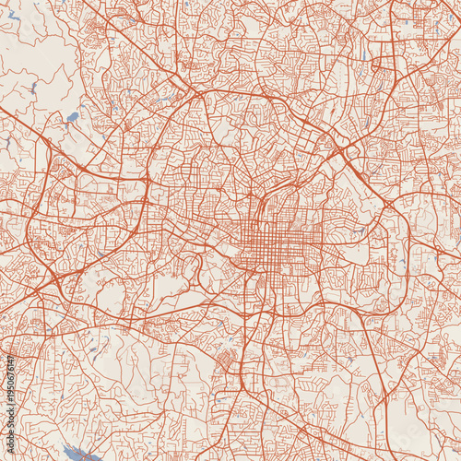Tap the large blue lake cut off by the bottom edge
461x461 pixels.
click(77, 453)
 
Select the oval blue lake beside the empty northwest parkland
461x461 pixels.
click(72, 118)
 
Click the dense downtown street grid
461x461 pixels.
click(277, 243)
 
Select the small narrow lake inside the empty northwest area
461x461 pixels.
click(33, 89)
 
